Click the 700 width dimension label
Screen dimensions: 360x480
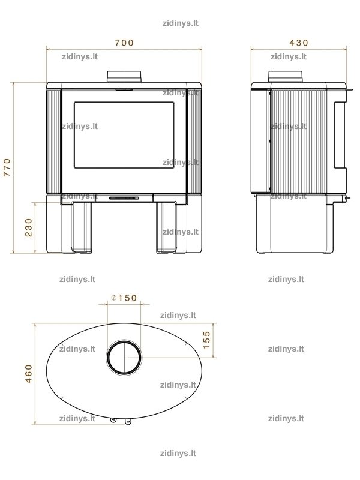click(x=124, y=43)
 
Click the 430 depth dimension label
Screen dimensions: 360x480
click(x=299, y=43)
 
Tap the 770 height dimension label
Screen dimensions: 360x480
click(x=7, y=167)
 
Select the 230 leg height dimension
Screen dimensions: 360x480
click(x=28, y=227)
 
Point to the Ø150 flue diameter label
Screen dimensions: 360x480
click(x=124, y=298)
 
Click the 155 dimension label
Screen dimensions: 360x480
click(x=206, y=340)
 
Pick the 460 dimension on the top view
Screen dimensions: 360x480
click(x=28, y=373)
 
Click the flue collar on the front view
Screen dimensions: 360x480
click(x=124, y=77)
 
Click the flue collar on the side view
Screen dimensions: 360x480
click(x=286, y=77)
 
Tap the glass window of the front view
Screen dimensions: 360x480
click(x=124, y=135)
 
